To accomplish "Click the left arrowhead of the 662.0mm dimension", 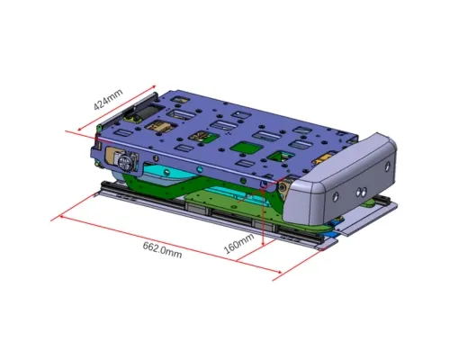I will point(60,216).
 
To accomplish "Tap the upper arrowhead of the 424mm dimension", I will point(154,87).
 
